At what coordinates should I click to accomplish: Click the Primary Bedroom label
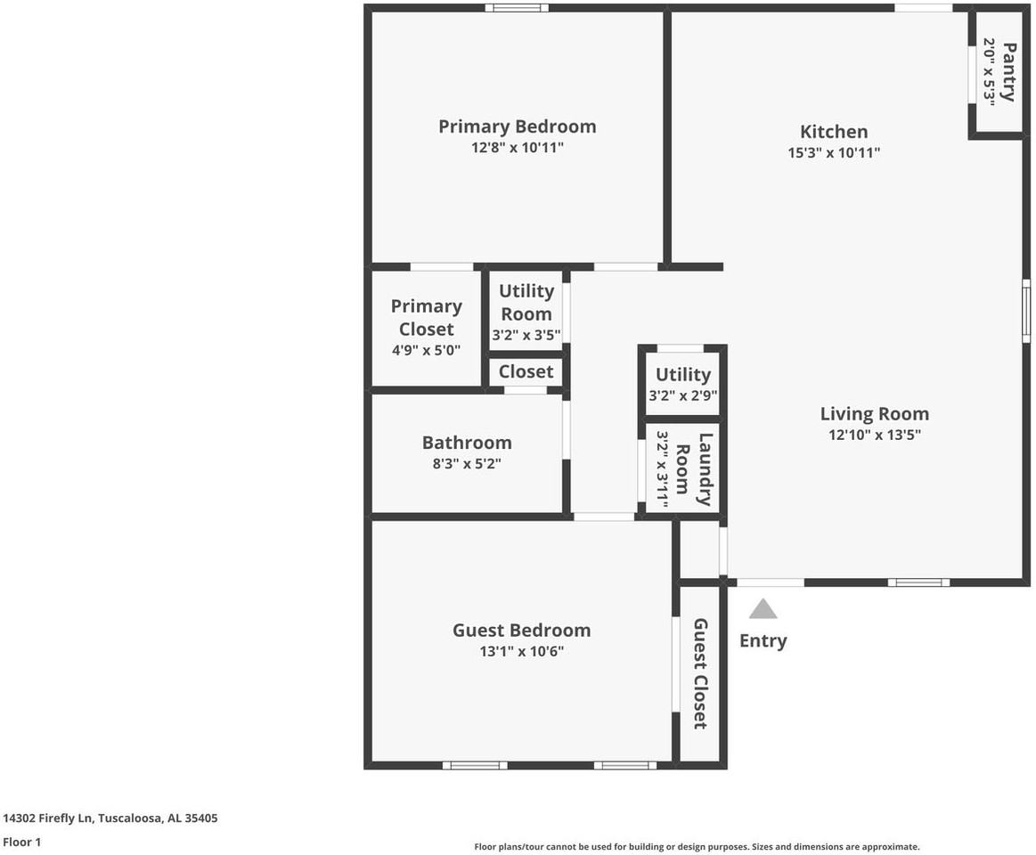point(517,126)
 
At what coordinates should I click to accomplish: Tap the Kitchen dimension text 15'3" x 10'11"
point(834,152)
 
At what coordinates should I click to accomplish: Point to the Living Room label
point(874,413)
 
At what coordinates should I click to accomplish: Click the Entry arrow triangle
point(763,609)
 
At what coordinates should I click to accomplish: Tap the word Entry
point(763,640)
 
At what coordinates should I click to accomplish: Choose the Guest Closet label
point(700,673)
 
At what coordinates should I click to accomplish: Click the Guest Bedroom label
point(521,630)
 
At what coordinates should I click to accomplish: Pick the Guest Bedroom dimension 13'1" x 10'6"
point(521,651)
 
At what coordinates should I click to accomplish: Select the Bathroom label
point(467,443)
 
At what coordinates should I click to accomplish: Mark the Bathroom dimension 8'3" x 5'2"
point(467,463)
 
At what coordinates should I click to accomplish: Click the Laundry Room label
point(694,468)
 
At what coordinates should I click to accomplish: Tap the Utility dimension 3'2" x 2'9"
point(683,395)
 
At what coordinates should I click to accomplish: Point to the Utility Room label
point(526,302)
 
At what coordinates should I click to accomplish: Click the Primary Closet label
point(427,317)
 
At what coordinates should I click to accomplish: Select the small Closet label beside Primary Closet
point(526,371)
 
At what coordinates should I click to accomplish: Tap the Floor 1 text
point(22,842)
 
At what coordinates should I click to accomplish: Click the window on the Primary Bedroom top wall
point(517,8)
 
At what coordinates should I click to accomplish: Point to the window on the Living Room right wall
point(1026,310)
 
